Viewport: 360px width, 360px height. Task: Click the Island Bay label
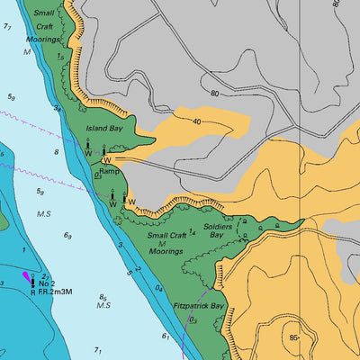click(103, 129)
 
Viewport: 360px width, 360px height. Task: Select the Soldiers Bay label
click(218, 230)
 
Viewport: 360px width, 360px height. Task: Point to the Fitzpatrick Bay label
click(199, 306)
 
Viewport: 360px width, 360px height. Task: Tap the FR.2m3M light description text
click(56, 292)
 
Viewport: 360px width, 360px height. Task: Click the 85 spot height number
click(293, 337)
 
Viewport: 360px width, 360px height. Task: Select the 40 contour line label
click(195, 121)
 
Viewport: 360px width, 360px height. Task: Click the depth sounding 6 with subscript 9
click(67, 236)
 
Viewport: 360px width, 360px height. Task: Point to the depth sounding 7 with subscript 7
click(8, 28)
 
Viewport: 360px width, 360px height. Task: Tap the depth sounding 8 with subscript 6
click(103, 297)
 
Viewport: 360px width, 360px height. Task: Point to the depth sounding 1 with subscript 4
click(192, 256)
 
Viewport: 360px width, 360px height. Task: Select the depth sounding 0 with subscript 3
click(192, 319)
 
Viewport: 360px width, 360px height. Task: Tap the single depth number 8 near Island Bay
click(56, 153)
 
